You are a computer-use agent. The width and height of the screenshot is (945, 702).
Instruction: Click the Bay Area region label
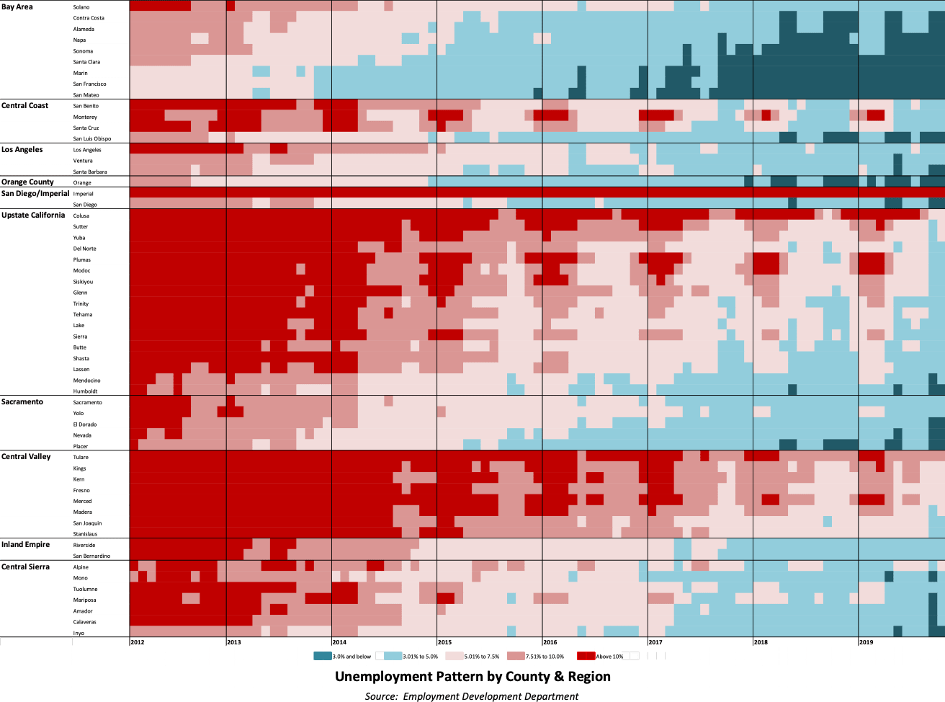[x=17, y=6]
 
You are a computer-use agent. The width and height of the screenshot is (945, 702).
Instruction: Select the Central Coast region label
[x=25, y=105]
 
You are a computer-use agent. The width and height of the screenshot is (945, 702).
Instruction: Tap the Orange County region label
[x=27, y=182]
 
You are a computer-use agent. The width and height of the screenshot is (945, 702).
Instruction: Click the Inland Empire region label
[x=25, y=544]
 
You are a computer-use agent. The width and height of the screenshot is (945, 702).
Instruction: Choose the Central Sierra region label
[x=25, y=567]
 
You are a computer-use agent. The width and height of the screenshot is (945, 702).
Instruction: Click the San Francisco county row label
[x=89, y=84]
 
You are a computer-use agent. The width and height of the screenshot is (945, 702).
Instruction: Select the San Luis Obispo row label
[x=91, y=138]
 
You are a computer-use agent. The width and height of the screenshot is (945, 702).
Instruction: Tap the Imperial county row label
[x=84, y=193]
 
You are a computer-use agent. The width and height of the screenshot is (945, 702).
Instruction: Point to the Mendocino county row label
[x=86, y=380]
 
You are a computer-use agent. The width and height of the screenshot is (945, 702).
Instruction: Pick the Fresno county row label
[x=81, y=490]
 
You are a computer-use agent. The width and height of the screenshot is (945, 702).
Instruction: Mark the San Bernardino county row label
[x=91, y=556]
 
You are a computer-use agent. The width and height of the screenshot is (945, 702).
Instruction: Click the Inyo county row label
[x=79, y=633]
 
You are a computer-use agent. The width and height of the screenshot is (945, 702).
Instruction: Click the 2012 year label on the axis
[x=137, y=641]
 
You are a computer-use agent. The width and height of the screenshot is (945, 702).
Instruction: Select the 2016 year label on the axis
[x=550, y=641]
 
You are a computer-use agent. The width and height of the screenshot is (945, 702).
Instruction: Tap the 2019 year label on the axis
[x=866, y=641]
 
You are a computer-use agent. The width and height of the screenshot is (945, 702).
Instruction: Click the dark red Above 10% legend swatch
[x=586, y=656]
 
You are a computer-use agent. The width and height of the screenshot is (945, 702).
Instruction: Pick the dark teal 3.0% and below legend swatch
[x=323, y=656]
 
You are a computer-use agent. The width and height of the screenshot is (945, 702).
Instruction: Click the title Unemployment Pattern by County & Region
[x=472, y=676]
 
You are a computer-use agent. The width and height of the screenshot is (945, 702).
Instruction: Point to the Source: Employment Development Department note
[x=471, y=696]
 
